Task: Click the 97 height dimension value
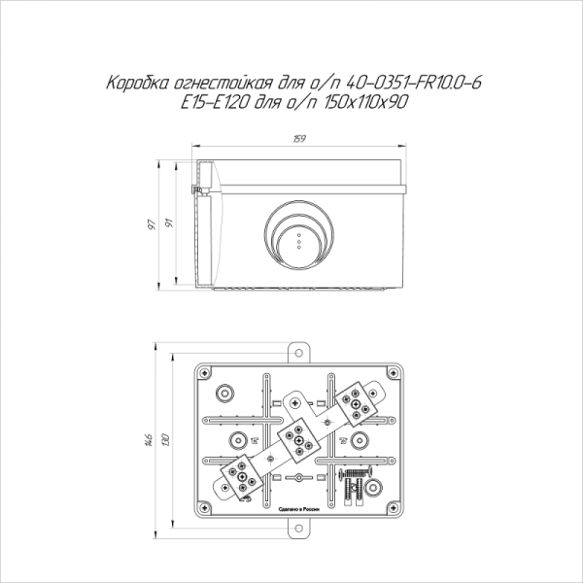pos(153,224)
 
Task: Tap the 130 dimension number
pos(167,439)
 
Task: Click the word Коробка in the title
pos(131,87)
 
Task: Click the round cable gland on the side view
pos(299,236)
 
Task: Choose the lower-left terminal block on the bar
pos(240,476)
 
